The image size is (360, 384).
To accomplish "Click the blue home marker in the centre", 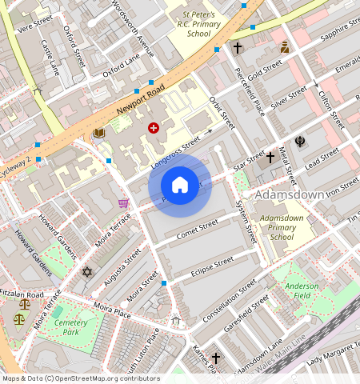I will pyautogui.click(x=180, y=186).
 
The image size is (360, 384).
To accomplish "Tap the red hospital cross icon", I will pyautogui.click(x=153, y=128).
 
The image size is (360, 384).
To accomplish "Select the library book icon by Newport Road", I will pyautogui.click(x=99, y=134).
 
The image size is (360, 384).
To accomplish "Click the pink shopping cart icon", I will pyautogui.click(x=123, y=203).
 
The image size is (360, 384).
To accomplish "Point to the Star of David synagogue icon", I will pyautogui.click(x=87, y=272).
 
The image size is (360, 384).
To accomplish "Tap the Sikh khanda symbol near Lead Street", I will pyautogui.click(x=300, y=142).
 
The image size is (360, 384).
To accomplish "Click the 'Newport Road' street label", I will pyautogui.click(x=140, y=98).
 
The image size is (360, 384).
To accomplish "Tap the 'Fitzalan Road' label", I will pyautogui.click(x=27, y=294).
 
